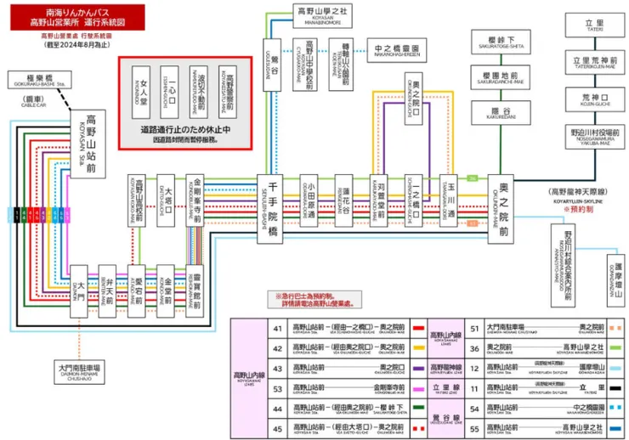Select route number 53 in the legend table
click(x=276, y=389)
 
